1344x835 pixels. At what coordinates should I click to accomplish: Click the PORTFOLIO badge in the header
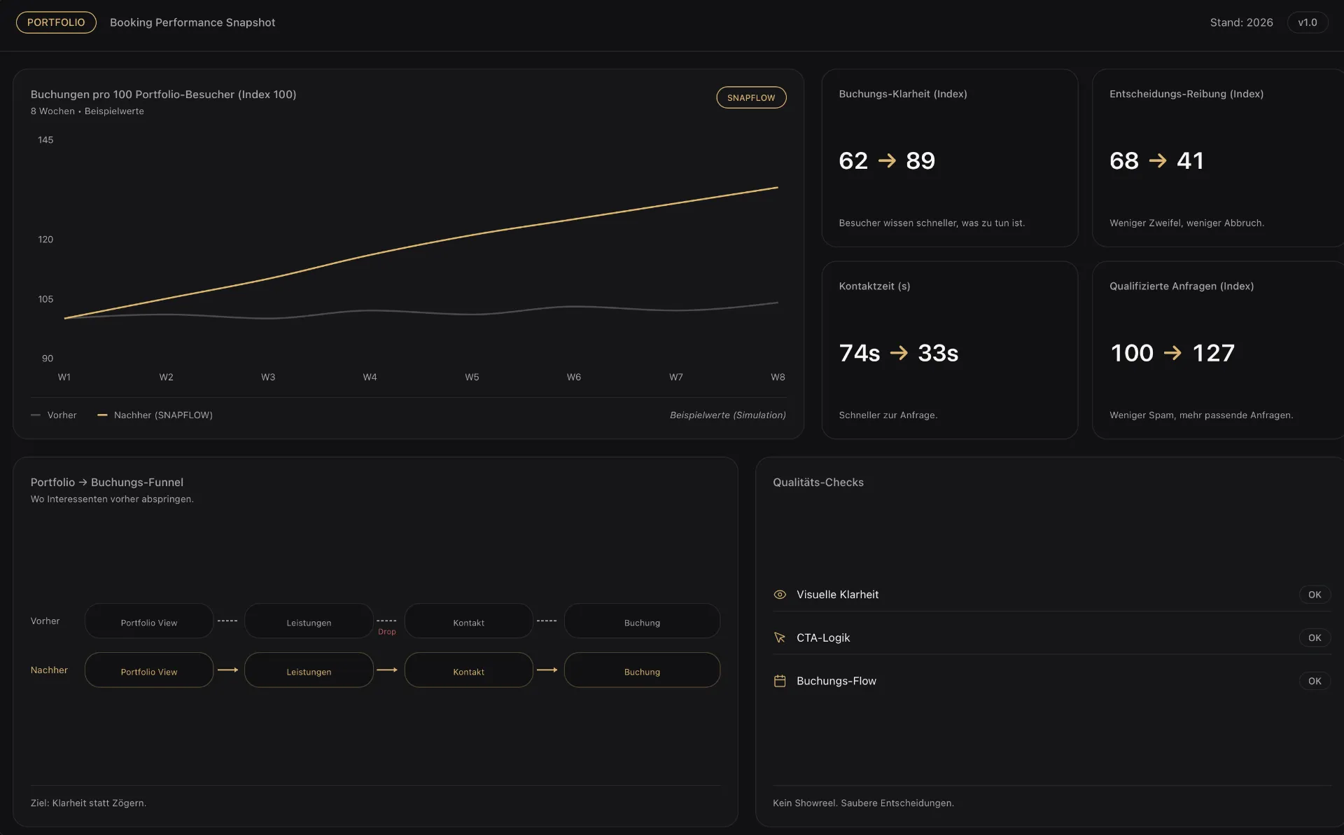[56, 22]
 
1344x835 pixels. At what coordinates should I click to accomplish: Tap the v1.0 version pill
[1308, 22]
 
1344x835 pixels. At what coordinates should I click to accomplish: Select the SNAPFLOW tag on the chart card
[751, 97]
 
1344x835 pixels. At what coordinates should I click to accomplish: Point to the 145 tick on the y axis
[45, 140]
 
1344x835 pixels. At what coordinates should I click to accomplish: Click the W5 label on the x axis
[472, 377]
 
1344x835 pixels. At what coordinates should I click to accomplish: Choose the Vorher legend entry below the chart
[54, 415]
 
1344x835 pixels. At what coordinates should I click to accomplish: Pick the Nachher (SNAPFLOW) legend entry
[155, 415]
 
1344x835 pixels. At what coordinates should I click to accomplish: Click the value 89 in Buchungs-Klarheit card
[920, 160]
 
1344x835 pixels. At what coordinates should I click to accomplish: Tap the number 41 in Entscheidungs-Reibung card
[1190, 160]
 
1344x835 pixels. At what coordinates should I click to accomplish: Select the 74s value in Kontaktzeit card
[860, 353]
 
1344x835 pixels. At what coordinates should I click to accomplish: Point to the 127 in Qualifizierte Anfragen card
[1214, 353]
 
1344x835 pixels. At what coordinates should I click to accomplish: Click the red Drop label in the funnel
[387, 632]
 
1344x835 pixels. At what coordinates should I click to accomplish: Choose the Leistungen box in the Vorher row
[309, 621]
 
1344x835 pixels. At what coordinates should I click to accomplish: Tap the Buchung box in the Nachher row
[642, 670]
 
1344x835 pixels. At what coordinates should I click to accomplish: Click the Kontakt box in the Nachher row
[468, 670]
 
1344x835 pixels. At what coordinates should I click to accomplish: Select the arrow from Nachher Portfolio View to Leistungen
[228, 670]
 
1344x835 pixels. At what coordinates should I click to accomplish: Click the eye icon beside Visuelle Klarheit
[780, 595]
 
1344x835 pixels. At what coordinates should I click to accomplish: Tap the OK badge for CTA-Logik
[1315, 638]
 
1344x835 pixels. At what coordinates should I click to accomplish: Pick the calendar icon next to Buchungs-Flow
[780, 681]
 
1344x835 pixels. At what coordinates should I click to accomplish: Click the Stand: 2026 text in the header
[1242, 22]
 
